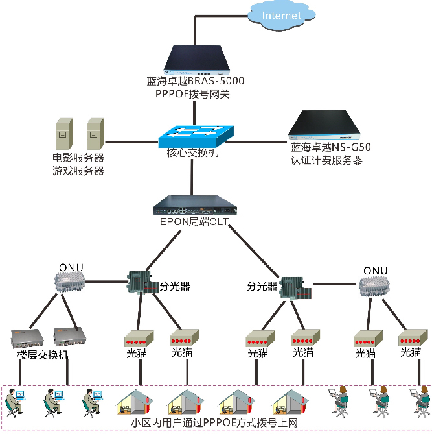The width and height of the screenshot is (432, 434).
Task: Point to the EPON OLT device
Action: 196,207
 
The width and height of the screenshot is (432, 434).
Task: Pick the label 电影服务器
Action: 78,158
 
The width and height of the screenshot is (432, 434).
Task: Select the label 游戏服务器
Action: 78,171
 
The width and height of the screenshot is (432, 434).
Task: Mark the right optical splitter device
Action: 296,287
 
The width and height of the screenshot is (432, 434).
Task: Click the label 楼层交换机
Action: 42,355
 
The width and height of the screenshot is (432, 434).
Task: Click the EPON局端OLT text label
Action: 194,222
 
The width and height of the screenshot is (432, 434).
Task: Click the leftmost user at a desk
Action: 15,402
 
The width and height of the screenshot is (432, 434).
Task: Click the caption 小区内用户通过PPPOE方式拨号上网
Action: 214,423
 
